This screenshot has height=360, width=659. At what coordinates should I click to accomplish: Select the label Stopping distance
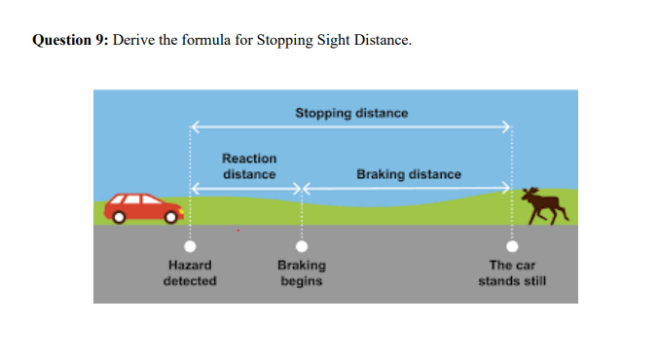click(x=351, y=113)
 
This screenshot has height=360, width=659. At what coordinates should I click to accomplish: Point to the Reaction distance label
click(x=248, y=165)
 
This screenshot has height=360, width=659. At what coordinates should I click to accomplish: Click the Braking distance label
click(x=409, y=174)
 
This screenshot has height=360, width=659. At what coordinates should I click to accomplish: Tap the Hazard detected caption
click(x=190, y=272)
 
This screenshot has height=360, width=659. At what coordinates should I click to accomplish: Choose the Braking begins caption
click(x=302, y=272)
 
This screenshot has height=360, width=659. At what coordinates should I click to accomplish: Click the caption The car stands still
click(x=512, y=272)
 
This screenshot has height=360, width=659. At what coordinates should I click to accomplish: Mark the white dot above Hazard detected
click(x=191, y=247)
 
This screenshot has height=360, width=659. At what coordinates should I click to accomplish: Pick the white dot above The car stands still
click(x=512, y=247)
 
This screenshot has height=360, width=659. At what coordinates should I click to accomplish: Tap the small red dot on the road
click(x=238, y=232)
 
